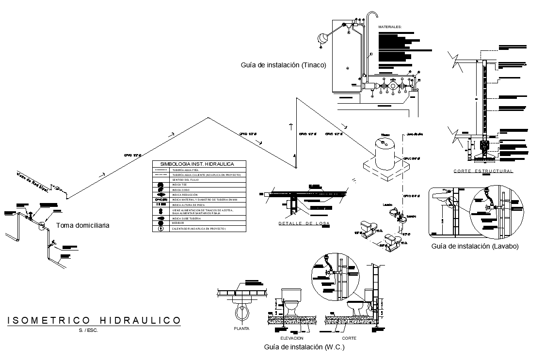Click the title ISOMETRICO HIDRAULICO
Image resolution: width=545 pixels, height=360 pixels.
point(94,320)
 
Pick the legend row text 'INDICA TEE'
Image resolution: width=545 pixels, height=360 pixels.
point(179,185)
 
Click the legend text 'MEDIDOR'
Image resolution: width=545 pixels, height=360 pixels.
point(178,223)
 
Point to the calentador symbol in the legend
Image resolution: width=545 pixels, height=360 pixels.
point(160,228)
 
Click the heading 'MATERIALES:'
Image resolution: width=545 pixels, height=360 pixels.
point(390,27)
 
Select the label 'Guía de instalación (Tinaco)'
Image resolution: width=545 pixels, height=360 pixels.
point(283,65)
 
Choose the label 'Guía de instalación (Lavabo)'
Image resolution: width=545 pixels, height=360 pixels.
point(475,246)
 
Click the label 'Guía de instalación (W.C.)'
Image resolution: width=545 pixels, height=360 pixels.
point(304,347)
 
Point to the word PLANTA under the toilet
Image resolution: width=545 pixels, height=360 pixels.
point(241,328)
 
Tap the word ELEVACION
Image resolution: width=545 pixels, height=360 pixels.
point(291,338)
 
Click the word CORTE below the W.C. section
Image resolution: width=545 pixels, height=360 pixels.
point(349,338)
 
